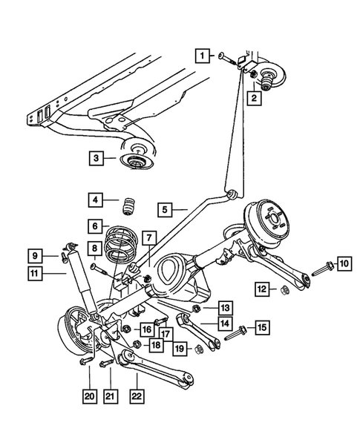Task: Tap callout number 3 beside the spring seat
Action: click(96, 158)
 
